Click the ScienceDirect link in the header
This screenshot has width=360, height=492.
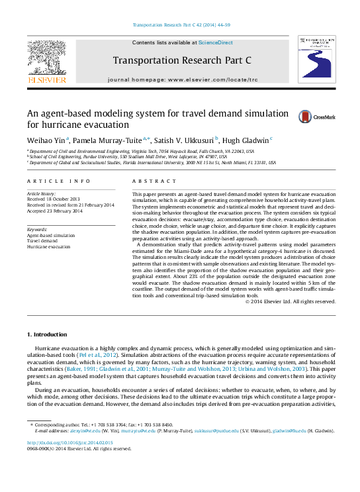click(216, 42)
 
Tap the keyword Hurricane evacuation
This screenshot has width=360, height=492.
click(48, 246)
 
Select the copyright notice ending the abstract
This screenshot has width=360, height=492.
click(290, 301)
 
